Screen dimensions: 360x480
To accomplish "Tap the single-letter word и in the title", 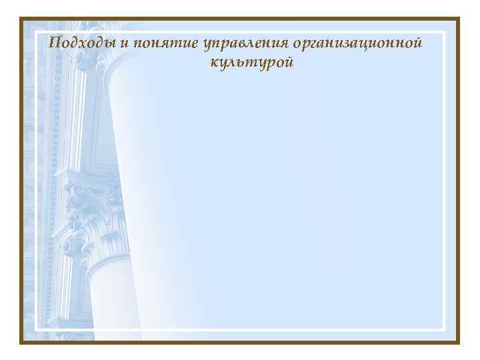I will pos(126,44).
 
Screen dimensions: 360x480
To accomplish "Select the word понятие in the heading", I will pos(162,44).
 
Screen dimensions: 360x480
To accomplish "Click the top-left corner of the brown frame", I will pos(21,19).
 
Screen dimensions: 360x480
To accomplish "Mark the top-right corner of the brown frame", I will pos(459,19).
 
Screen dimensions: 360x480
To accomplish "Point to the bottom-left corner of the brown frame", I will pos(21,342).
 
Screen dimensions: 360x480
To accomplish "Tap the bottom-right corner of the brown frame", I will pos(459,342).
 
